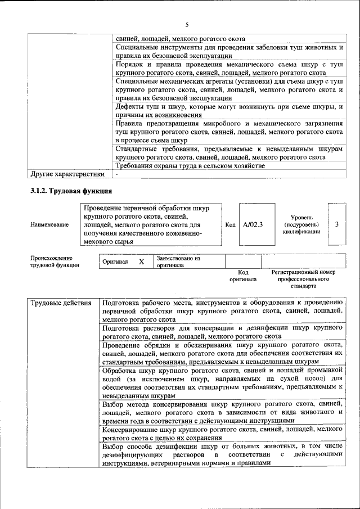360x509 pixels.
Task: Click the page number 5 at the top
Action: click(187, 24)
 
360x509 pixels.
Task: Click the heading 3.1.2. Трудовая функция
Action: click(65, 191)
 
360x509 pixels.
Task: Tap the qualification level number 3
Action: click(336, 224)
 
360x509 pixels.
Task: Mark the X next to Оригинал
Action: click(142, 262)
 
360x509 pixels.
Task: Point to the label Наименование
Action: click(50, 225)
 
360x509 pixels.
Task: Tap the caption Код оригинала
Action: click(243, 276)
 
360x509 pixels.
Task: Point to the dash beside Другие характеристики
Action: click(116, 174)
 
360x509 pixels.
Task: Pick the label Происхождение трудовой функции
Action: click(55, 262)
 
